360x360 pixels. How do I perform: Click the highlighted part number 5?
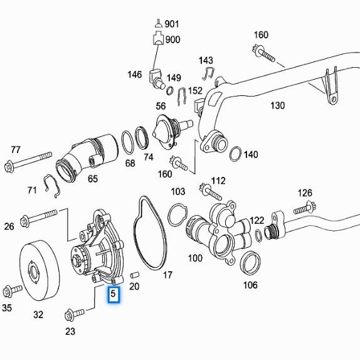(114, 294)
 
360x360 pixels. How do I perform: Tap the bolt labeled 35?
(13, 290)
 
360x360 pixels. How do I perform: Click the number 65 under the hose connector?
(92, 179)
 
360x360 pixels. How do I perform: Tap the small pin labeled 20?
(134, 274)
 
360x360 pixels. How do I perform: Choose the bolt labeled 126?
(302, 208)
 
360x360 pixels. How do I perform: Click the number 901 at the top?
(172, 24)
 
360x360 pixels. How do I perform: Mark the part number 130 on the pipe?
(277, 105)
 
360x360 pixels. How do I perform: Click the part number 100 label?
(195, 258)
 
